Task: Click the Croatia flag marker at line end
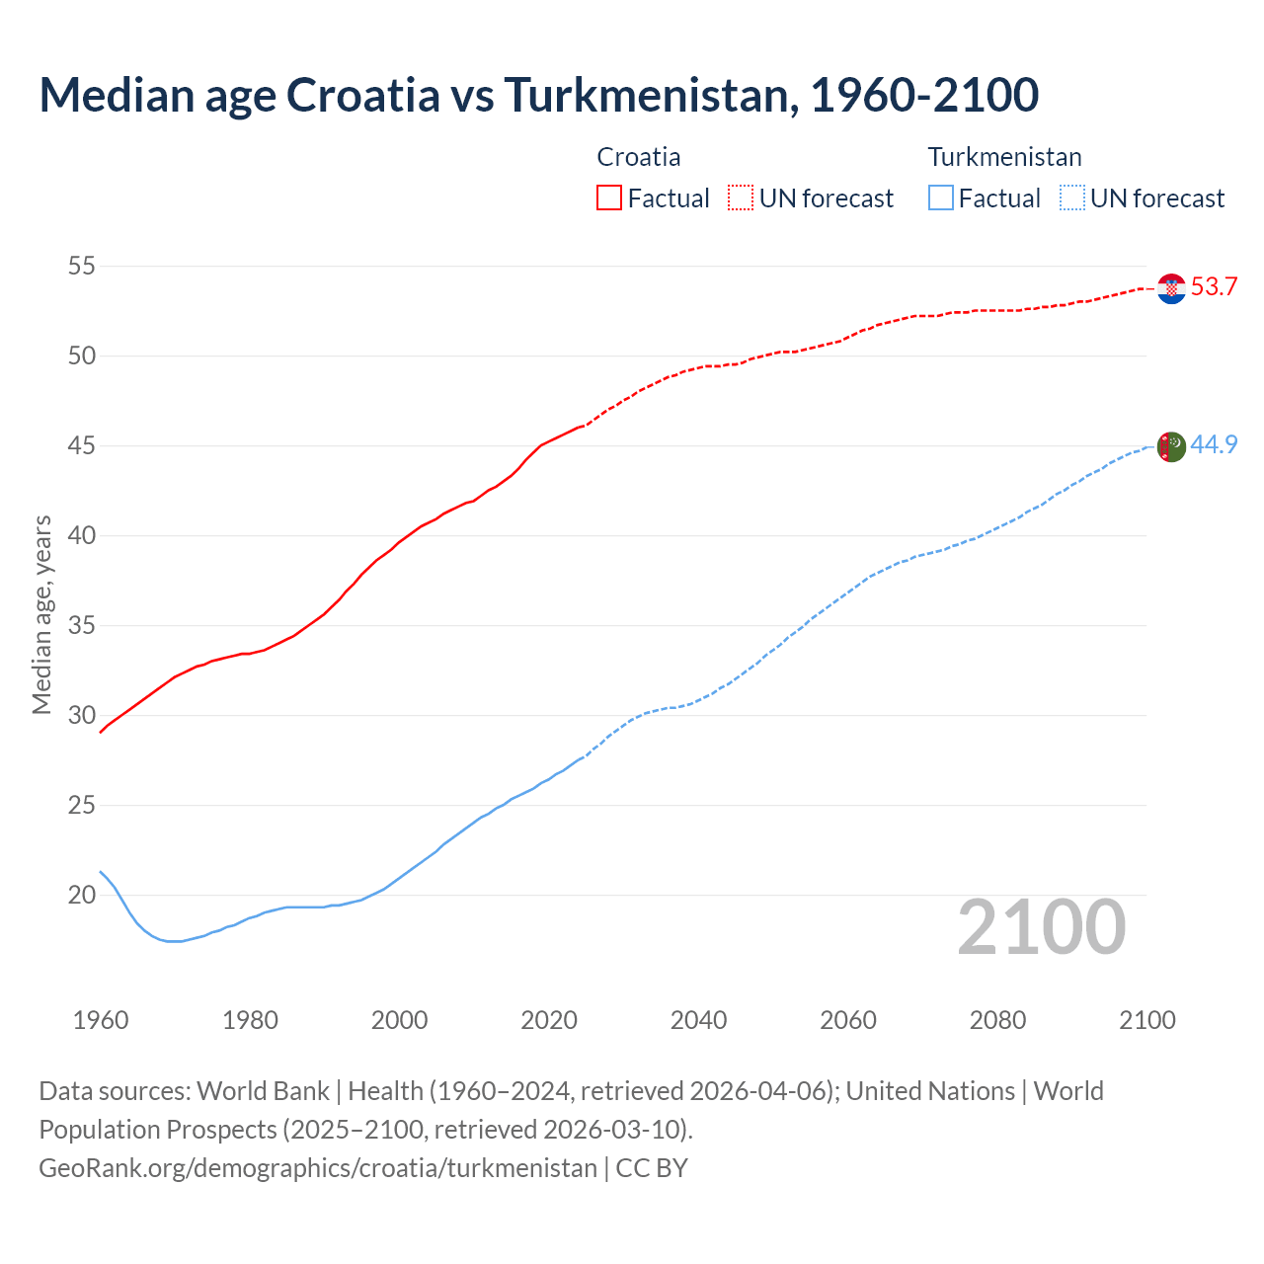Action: click(1171, 288)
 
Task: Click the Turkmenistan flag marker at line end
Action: click(1171, 446)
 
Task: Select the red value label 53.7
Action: click(1214, 287)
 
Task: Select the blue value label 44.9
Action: click(1214, 445)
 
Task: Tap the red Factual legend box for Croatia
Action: click(609, 197)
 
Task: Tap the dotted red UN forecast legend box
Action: click(741, 197)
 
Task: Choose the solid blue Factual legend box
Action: click(941, 197)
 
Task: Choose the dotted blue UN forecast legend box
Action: click(1071, 197)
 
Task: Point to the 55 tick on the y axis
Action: click(82, 266)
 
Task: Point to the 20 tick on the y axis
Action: click(82, 895)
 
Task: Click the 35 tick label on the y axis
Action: click(82, 625)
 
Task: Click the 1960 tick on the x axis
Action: click(101, 1020)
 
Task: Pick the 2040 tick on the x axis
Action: click(698, 1020)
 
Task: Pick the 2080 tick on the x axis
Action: click(997, 1020)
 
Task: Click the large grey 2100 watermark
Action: click(1041, 927)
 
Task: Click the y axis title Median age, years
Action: click(41, 614)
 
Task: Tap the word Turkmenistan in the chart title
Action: click(651, 95)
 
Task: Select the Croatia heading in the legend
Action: click(639, 157)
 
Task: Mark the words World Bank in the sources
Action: click(263, 1091)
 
